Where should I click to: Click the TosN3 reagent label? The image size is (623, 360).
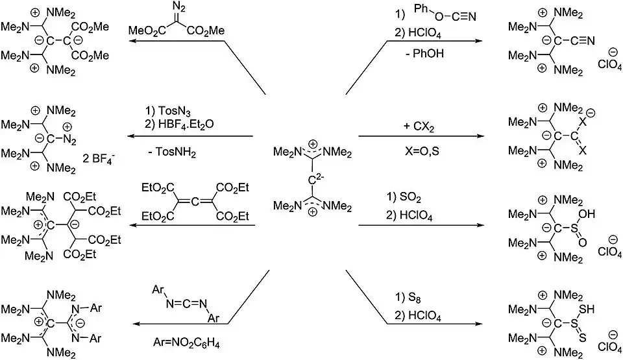pos(174,112)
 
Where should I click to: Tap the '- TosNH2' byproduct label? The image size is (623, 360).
pos(172,152)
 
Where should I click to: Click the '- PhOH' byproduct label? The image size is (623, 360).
pos(424,53)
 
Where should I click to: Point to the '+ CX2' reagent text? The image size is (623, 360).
pos(419,126)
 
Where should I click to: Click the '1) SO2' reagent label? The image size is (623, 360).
pos(404,197)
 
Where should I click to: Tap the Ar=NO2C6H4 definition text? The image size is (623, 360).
pos(186,343)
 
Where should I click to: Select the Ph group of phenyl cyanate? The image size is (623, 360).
pos(422,9)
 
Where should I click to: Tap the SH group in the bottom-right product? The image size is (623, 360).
pos(587,309)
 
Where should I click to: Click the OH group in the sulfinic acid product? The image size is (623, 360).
pos(587,214)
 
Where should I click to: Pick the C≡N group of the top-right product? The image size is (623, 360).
pos(583,40)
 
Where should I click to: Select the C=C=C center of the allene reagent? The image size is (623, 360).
pos(195,202)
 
